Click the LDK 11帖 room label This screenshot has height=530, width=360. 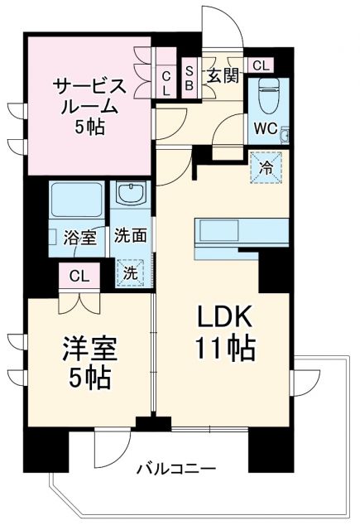[223, 332]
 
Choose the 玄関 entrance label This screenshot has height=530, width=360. [223, 76]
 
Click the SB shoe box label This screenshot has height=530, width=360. [190, 77]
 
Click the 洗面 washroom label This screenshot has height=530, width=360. [131, 236]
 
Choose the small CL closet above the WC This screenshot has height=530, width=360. [260, 65]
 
